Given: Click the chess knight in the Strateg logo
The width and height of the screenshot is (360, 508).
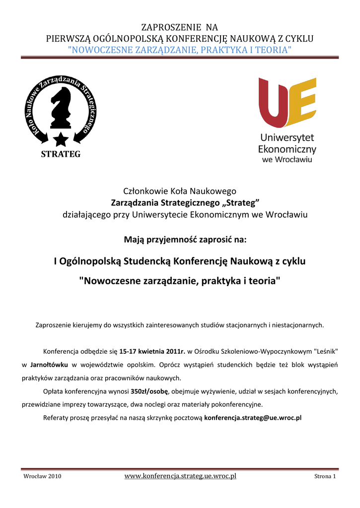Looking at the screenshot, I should tap(61, 107).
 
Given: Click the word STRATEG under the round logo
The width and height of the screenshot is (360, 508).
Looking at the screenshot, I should tap(60, 154).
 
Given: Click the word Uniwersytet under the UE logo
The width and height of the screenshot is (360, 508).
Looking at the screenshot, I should tap(287, 138).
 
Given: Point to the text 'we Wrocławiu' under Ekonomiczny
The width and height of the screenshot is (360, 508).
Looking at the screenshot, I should tap(287, 160).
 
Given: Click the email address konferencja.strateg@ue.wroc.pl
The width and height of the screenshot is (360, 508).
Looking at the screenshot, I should tap(253, 418).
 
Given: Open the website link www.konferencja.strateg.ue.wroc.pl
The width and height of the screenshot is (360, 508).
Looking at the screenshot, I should tap(180, 476).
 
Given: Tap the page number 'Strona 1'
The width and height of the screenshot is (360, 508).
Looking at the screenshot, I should tap(325, 477).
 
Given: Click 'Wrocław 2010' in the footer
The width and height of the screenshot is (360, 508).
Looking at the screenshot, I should tap(43, 477).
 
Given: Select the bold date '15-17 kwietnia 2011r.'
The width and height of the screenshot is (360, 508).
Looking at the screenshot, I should tap(152, 352).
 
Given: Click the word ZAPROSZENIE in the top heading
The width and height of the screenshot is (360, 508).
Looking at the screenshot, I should tap(163, 27).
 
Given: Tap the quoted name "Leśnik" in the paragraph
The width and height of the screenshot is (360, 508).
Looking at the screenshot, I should tap(325, 352).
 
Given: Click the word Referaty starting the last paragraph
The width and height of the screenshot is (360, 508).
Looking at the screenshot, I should tap(57, 418).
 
